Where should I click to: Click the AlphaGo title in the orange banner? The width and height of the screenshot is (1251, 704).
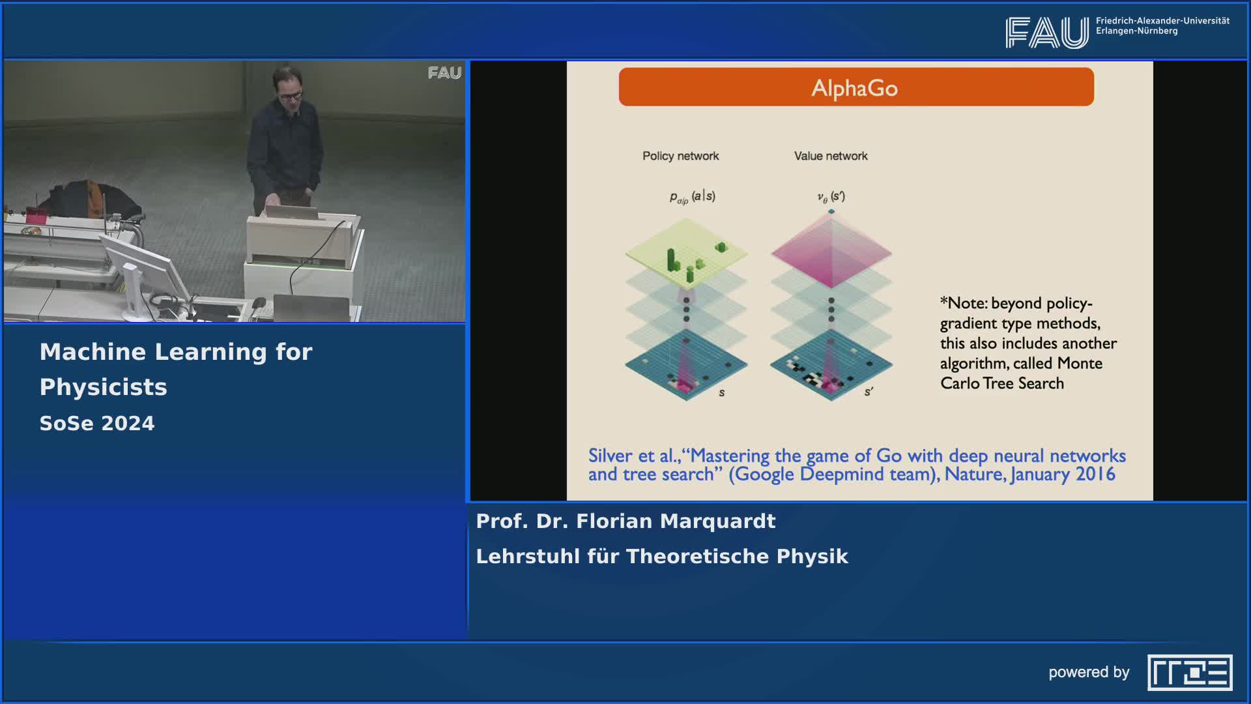click(x=854, y=88)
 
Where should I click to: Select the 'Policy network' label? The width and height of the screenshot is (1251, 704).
click(x=680, y=156)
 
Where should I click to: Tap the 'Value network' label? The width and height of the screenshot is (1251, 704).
click(x=831, y=156)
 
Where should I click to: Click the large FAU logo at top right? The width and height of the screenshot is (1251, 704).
click(x=1046, y=33)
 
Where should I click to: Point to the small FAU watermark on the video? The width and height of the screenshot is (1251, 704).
click(x=444, y=72)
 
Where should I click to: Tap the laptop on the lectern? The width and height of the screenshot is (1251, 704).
click(x=291, y=211)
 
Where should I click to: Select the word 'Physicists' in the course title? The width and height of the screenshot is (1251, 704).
click(x=104, y=387)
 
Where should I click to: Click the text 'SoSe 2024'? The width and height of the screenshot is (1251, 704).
click(x=97, y=424)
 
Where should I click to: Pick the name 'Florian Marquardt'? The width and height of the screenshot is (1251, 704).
click(x=676, y=521)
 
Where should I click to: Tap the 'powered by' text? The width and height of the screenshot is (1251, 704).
click(x=1089, y=673)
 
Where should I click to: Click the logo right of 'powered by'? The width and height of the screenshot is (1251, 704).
click(x=1190, y=672)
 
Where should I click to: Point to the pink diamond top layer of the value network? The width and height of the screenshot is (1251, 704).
click(x=831, y=252)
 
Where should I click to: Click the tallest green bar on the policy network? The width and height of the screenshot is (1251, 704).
click(x=671, y=260)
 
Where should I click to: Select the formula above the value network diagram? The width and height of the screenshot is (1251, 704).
click(x=831, y=196)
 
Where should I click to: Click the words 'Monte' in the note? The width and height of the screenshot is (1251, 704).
click(x=1080, y=363)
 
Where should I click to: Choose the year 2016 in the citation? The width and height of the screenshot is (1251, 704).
click(x=1095, y=474)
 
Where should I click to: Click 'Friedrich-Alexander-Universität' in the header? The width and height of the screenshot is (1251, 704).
click(x=1162, y=21)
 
